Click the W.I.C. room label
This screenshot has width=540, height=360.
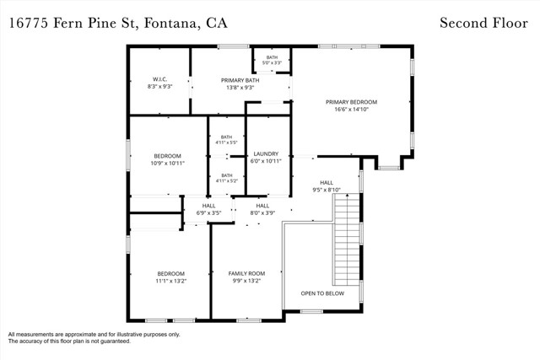tap(159, 79)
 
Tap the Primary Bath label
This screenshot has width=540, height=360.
tap(240, 80)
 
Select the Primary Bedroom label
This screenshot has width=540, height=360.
tap(351, 102)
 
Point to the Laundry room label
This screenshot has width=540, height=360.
tap(266, 153)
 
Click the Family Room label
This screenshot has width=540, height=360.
tap(246, 274)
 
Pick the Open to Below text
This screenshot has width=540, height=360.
tap(322, 293)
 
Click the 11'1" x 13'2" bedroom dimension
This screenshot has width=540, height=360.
tap(170, 282)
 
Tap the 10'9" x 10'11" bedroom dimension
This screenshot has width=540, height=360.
tap(167, 163)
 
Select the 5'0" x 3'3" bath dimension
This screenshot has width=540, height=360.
tap(272, 63)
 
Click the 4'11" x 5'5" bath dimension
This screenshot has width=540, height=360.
tap(227, 142)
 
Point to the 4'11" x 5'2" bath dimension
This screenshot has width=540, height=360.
tap(227, 180)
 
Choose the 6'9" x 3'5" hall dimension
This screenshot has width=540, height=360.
tap(208, 213)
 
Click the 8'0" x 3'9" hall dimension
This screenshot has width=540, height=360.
tap(262, 213)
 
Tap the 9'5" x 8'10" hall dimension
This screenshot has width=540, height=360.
tap(327, 190)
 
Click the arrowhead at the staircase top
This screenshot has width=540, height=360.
tap(347, 196)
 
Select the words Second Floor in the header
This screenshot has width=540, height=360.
tap(483, 23)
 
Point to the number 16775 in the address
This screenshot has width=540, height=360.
tap(28, 24)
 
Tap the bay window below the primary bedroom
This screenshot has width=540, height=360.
tap(389, 168)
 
